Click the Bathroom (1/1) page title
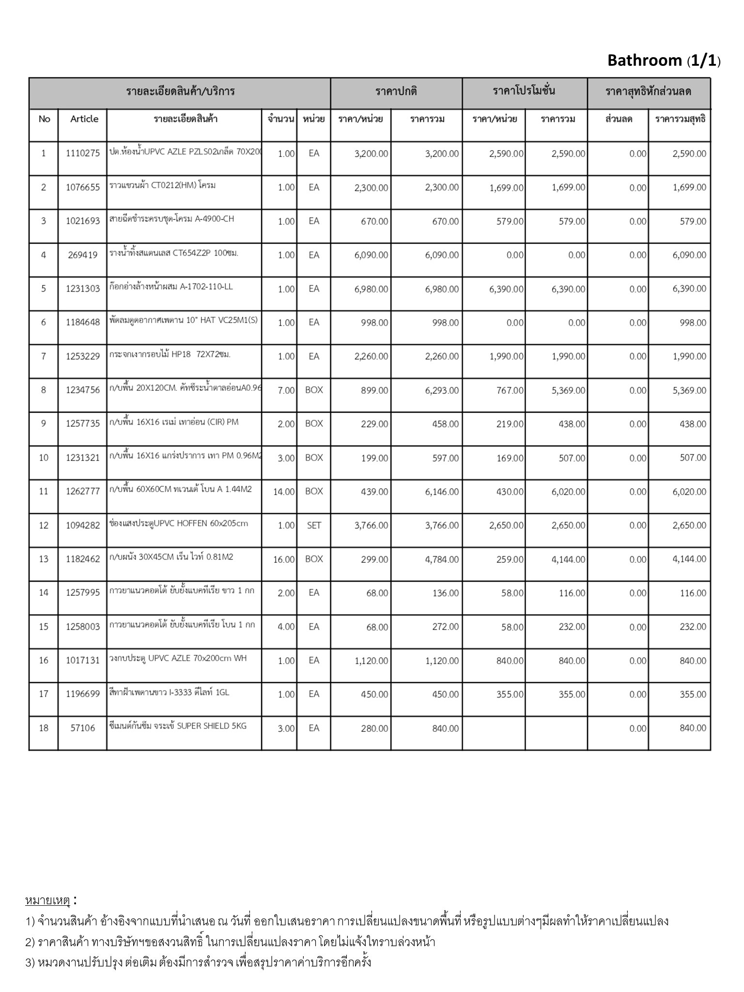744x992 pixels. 664,61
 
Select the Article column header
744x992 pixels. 84,119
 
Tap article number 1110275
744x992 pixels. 83,154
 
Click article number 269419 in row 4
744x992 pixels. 83,255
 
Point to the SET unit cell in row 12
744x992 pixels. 314,526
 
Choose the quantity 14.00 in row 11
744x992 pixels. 284,492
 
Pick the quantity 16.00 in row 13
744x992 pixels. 284,559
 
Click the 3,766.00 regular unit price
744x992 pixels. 371,526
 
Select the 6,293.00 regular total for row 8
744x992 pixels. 442,390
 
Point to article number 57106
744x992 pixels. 83,728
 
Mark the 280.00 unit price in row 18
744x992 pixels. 374,728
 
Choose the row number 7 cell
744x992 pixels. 44,356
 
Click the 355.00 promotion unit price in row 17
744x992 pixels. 510,695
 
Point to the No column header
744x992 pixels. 44,119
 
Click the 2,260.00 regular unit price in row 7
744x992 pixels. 371,356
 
